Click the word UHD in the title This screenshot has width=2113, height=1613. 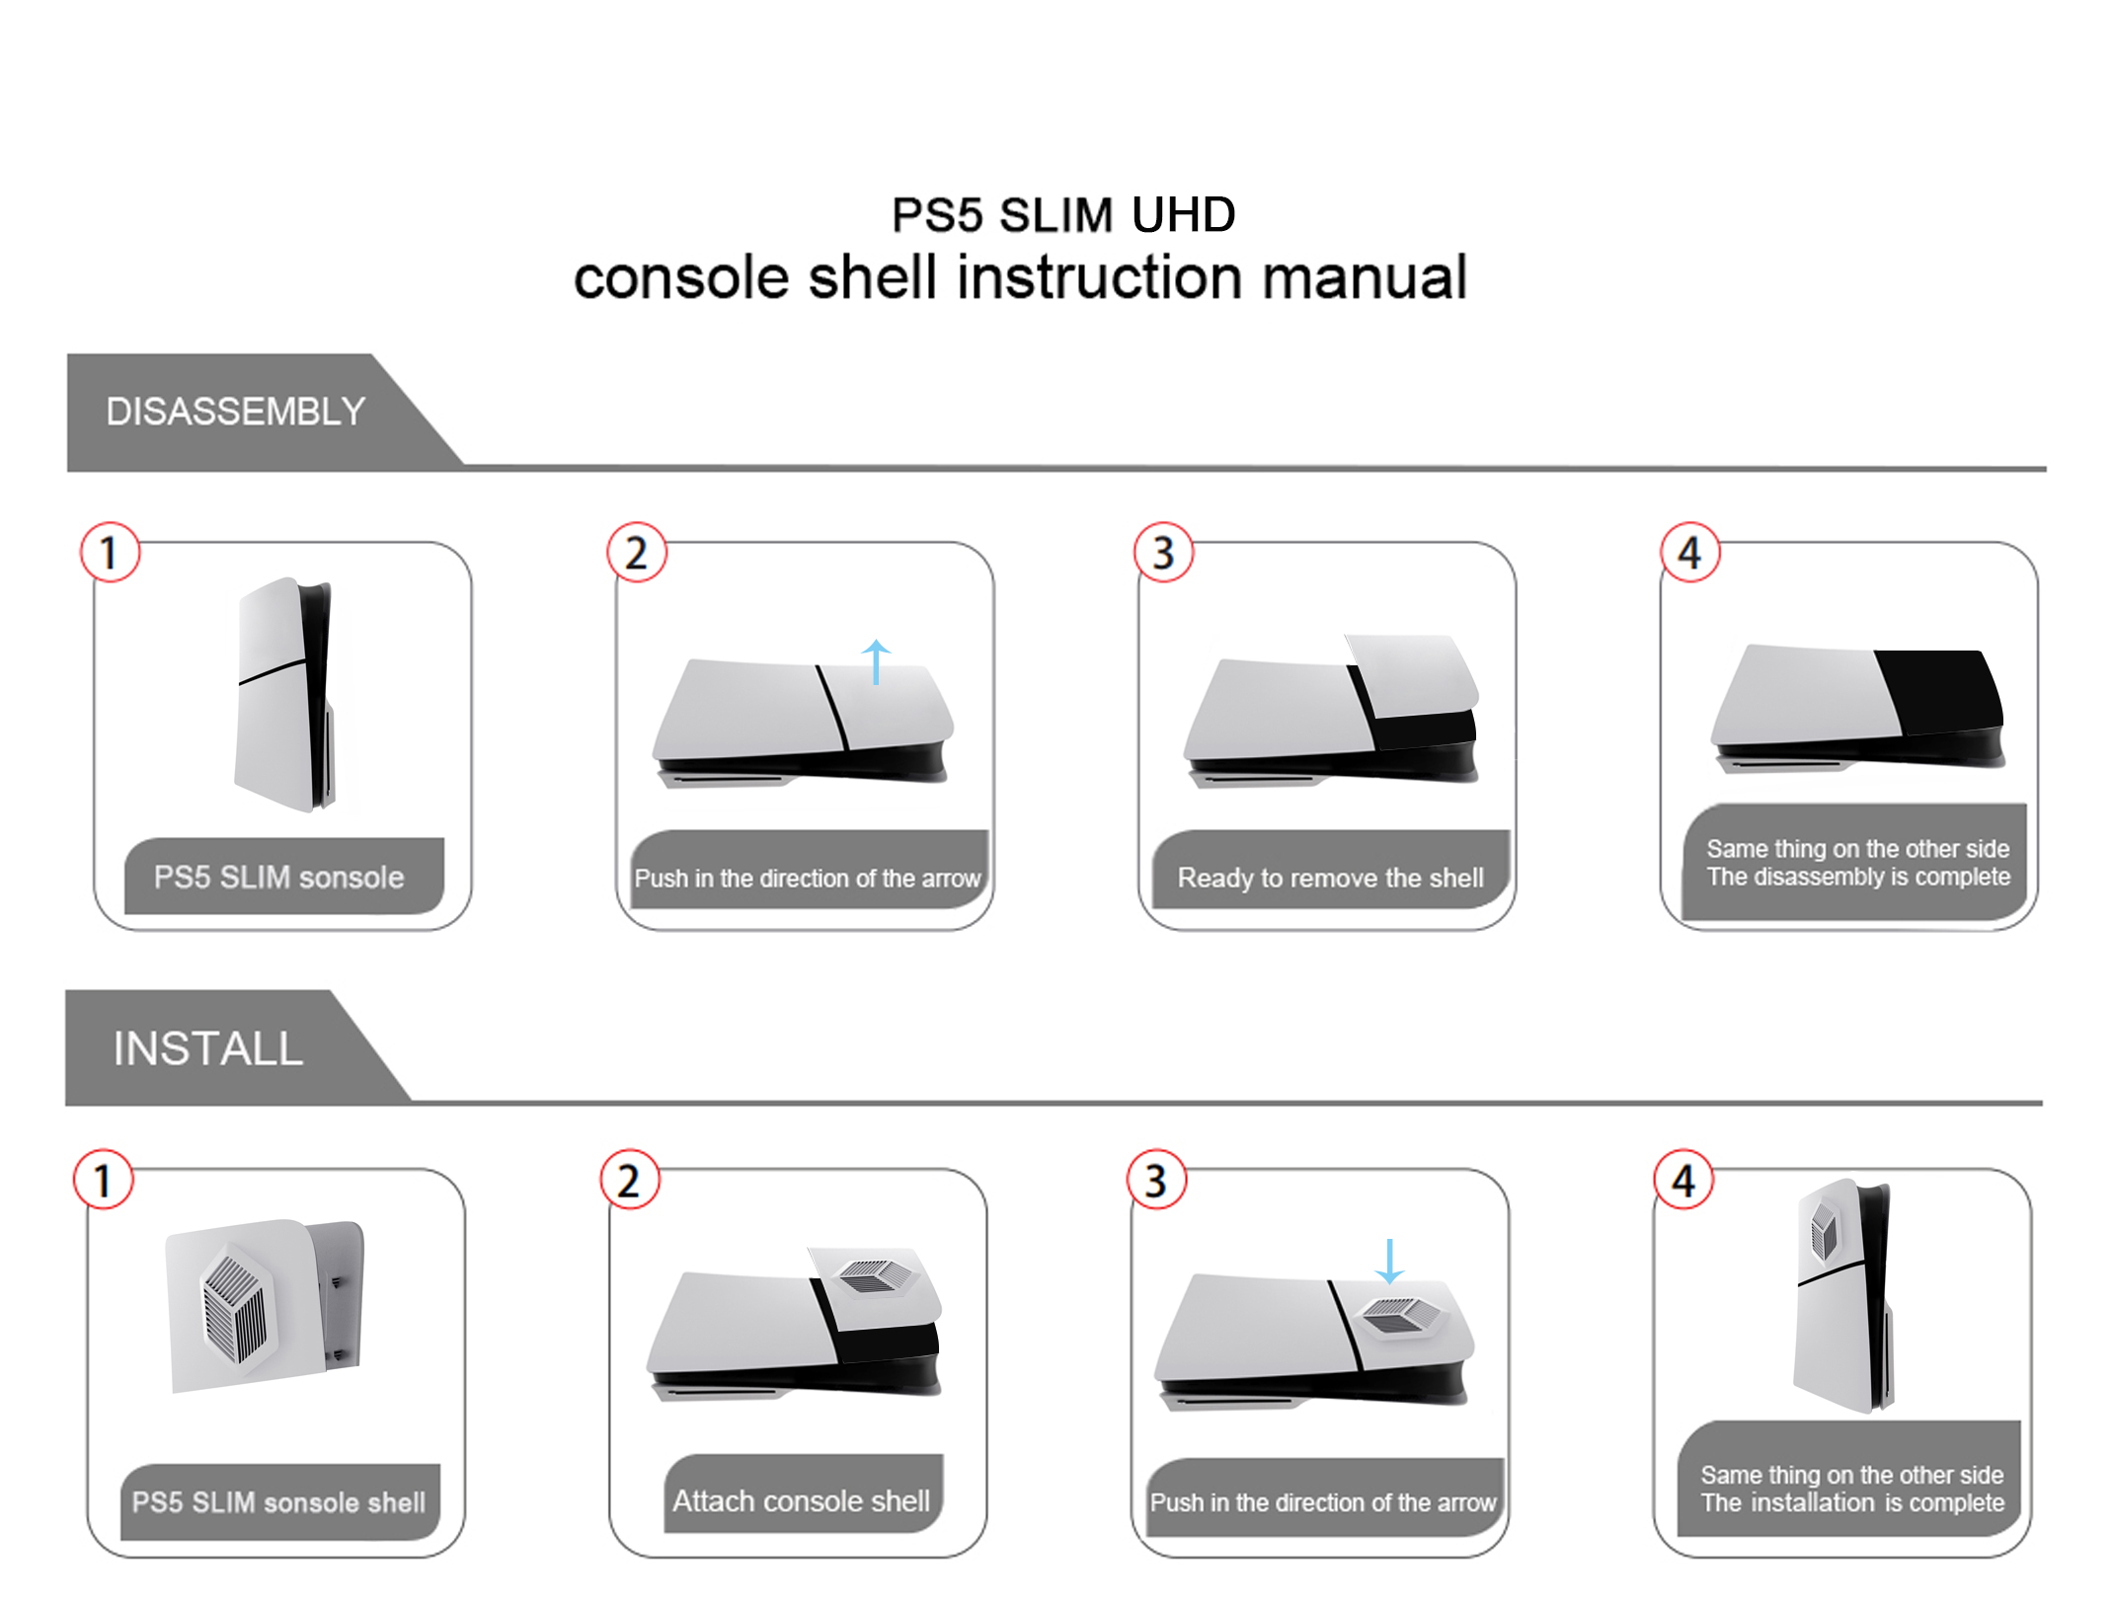point(1183,214)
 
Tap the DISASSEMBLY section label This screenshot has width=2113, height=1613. point(236,412)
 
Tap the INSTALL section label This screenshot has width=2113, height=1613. point(207,1048)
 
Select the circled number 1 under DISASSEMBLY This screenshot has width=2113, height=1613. point(110,552)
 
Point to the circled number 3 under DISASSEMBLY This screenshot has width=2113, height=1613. point(1163,552)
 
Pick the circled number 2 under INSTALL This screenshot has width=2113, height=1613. point(629,1180)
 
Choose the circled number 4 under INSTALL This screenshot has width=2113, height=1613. point(1683,1180)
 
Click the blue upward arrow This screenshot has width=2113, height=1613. point(876,661)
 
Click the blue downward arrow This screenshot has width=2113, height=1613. point(1389,1262)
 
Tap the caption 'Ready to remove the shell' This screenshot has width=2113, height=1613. point(1330,878)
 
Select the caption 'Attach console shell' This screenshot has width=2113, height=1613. point(801,1500)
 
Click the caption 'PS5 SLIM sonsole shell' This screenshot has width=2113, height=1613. point(278,1502)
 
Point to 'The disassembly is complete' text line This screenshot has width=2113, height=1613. point(1858,877)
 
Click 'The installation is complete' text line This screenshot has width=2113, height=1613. point(1852,1502)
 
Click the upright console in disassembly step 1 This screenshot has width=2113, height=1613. point(284,694)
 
